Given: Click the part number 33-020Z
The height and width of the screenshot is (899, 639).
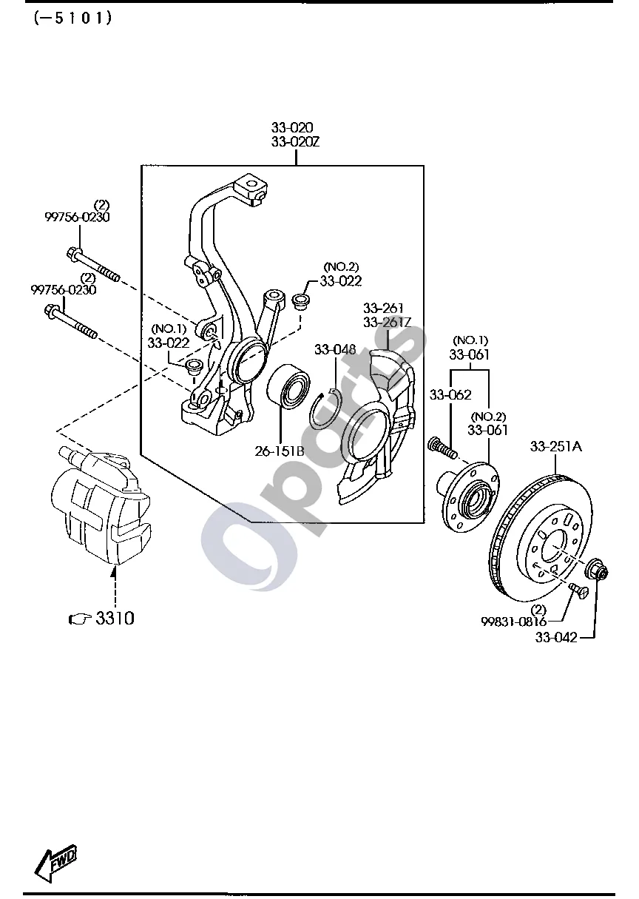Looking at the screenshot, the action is click(x=295, y=142).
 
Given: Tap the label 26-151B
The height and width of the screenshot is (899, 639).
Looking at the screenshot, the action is click(x=280, y=451).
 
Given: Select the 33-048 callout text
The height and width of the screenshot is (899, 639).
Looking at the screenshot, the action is click(x=335, y=349).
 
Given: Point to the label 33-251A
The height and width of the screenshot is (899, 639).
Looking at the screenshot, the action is click(x=556, y=446).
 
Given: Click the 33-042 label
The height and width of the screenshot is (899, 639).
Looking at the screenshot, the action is click(x=556, y=637).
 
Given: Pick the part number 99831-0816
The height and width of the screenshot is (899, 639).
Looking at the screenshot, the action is click(x=514, y=622).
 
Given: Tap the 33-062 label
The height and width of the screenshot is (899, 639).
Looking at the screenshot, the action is click(x=450, y=395).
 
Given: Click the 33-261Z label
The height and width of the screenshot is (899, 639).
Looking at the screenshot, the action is click(x=388, y=323).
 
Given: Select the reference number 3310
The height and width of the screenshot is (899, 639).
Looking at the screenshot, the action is click(x=115, y=619).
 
